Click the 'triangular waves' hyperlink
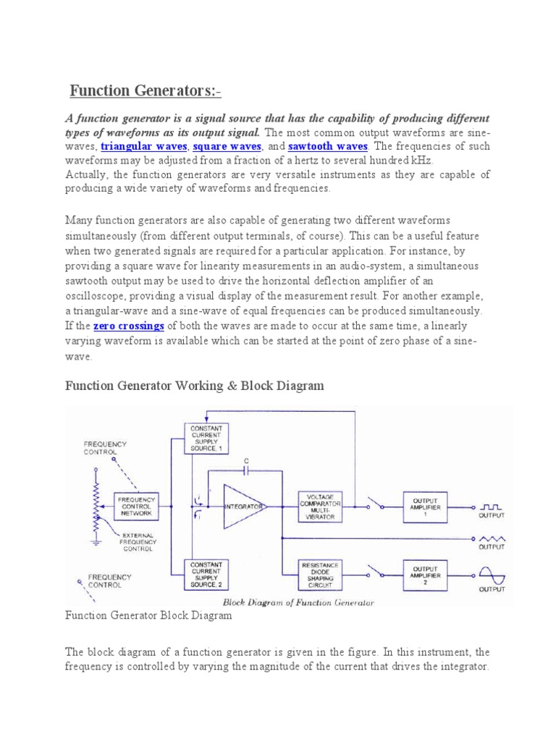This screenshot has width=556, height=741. (x=143, y=146)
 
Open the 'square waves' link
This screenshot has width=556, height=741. (x=227, y=146)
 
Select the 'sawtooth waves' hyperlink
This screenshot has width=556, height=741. (x=328, y=146)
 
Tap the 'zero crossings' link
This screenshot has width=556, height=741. (x=128, y=326)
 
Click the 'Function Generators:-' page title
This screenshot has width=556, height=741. (x=146, y=91)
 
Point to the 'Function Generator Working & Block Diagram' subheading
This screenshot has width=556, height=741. (x=195, y=386)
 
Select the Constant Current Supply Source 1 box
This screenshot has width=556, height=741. (x=207, y=439)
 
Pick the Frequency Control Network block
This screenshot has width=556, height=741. (x=136, y=506)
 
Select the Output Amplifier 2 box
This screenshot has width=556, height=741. (x=425, y=572)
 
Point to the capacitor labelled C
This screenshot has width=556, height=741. (x=246, y=469)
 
